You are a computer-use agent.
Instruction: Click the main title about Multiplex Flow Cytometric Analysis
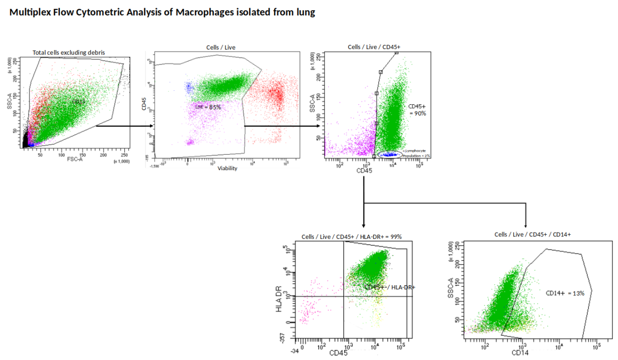click(x=162, y=13)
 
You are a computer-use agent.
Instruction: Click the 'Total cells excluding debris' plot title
click(x=69, y=52)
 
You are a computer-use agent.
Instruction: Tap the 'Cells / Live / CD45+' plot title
click(x=374, y=46)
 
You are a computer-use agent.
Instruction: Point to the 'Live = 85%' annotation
click(x=208, y=106)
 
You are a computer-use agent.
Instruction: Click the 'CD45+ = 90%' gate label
click(x=417, y=109)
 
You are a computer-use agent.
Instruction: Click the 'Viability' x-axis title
click(x=227, y=168)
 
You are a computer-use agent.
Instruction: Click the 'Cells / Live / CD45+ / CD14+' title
click(x=532, y=234)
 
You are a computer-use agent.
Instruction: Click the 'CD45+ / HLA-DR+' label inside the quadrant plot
click(x=390, y=287)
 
